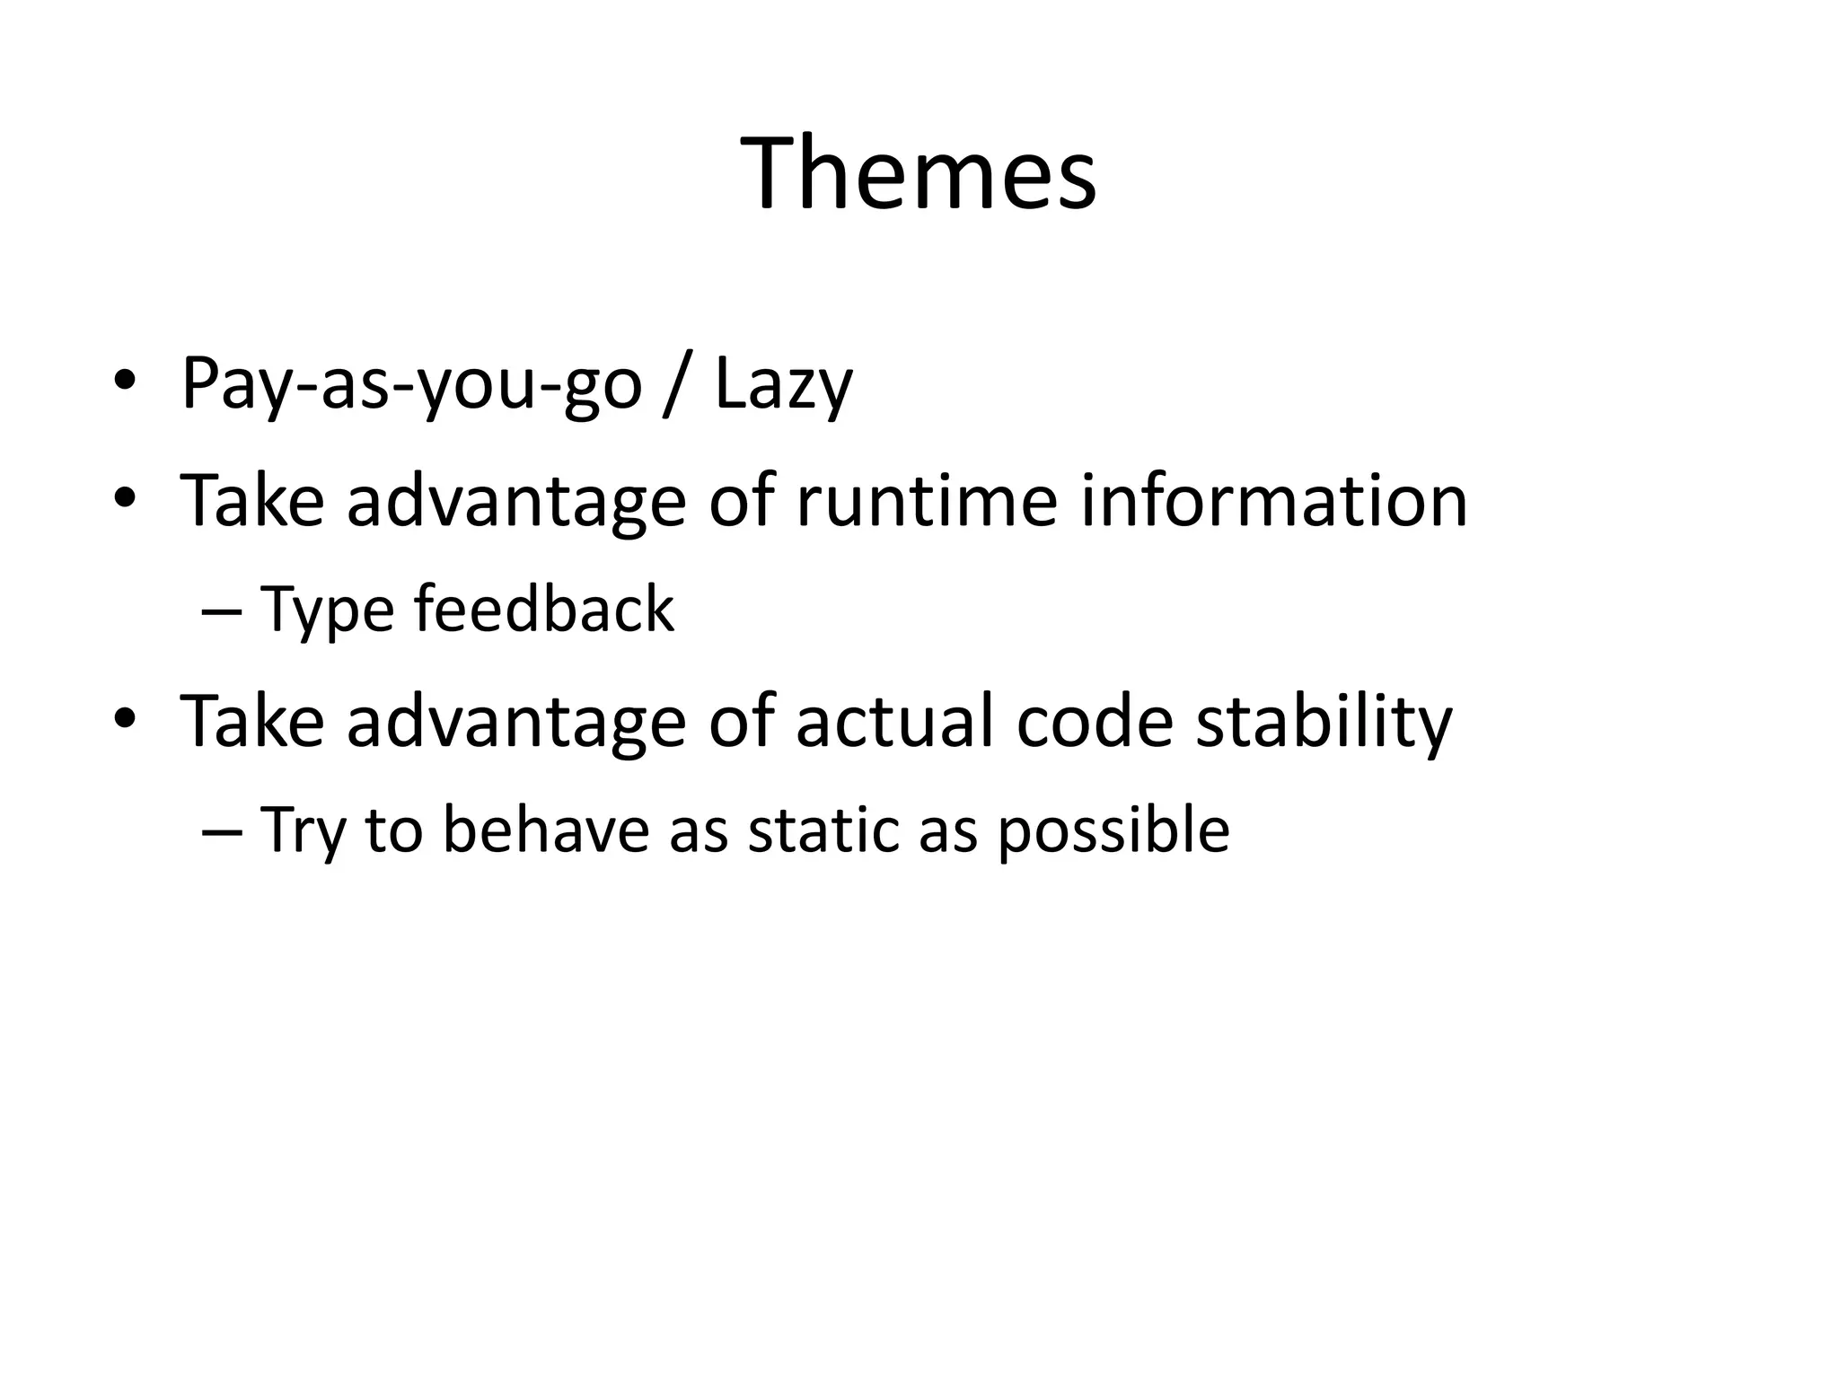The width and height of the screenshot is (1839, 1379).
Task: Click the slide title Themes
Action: pyautogui.click(x=919, y=172)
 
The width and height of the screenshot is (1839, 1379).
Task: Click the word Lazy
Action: pyautogui.click(x=783, y=384)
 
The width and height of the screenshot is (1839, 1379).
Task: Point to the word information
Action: pyautogui.click(x=1273, y=500)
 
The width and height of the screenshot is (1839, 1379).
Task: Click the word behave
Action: pyautogui.click(x=546, y=830)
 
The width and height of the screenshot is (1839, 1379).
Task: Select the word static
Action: pyautogui.click(x=822, y=830)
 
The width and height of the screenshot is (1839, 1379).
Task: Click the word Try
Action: pyautogui.click(x=303, y=831)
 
